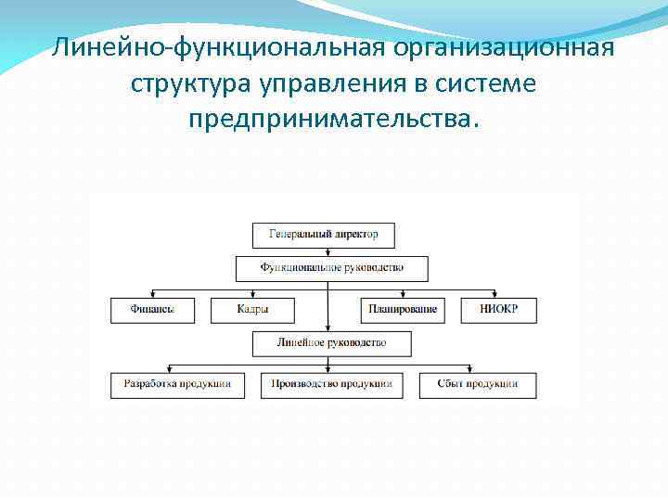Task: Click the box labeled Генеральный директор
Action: (x=323, y=235)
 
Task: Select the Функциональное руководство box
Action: (x=331, y=269)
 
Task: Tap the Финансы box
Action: (x=154, y=310)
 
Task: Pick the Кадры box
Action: (x=252, y=310)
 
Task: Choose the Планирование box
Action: (x=402, y=310)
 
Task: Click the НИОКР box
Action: (x=498, y=310)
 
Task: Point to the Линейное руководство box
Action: (x=331, y=344)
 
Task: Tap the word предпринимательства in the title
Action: (x=329, y=120)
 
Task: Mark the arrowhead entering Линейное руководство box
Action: (x=328, y=328)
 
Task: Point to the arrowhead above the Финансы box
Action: (x=154, y=293)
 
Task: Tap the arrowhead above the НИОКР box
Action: (x=498, y=293)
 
